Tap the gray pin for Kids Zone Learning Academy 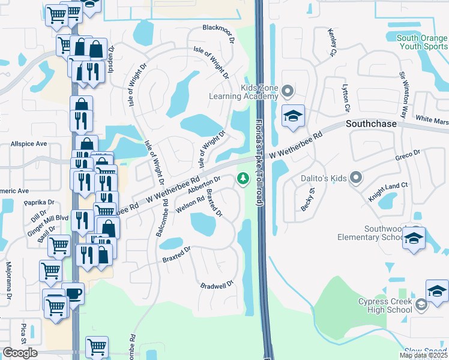[x=288, y=92]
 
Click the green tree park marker [x=243, y=178]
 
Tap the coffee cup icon [x=74, y=293]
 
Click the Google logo [x=20, y=353]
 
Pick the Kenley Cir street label [x=331, y=43]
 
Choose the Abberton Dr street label [x=204, y=184]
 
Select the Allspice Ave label [x=28, y=144]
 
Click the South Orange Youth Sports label [x=423, y=41]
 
